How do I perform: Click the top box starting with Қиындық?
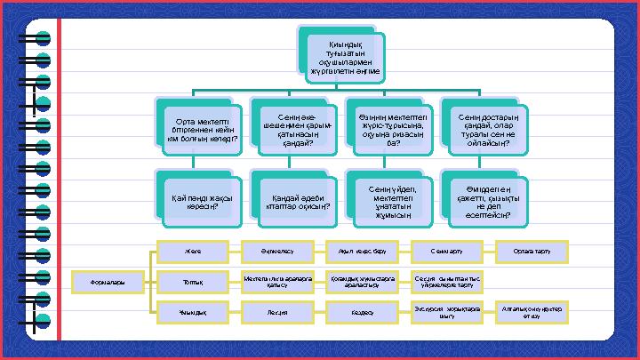point(341,58)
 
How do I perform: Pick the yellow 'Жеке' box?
point(194,251)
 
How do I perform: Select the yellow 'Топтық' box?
point(194,282)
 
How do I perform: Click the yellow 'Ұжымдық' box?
point(194,313)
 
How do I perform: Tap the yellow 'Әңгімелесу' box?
point(277,251)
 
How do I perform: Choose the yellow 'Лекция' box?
point(277,313)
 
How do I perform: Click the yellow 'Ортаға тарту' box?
point(532,251)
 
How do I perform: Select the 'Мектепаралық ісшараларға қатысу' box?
point(277,282)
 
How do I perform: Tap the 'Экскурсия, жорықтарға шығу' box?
point(447,312)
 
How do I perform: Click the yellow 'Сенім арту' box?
point(447,251)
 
